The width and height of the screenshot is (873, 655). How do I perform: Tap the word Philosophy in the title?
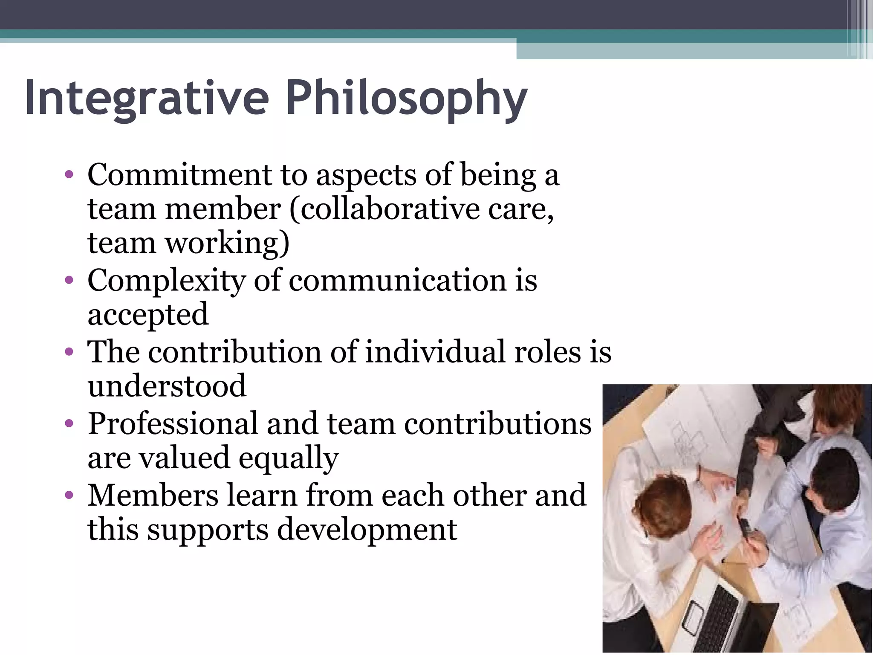(407, 99)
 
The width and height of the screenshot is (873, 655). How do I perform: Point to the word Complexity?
(167, 281)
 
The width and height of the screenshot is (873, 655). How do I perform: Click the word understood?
(167, 386)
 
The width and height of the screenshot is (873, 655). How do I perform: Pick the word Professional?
(173, 424)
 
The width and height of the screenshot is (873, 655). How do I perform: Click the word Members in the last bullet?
(153, 496)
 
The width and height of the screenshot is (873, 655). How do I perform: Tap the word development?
(367, 530)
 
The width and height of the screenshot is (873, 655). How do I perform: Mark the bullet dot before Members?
(69, 496)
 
